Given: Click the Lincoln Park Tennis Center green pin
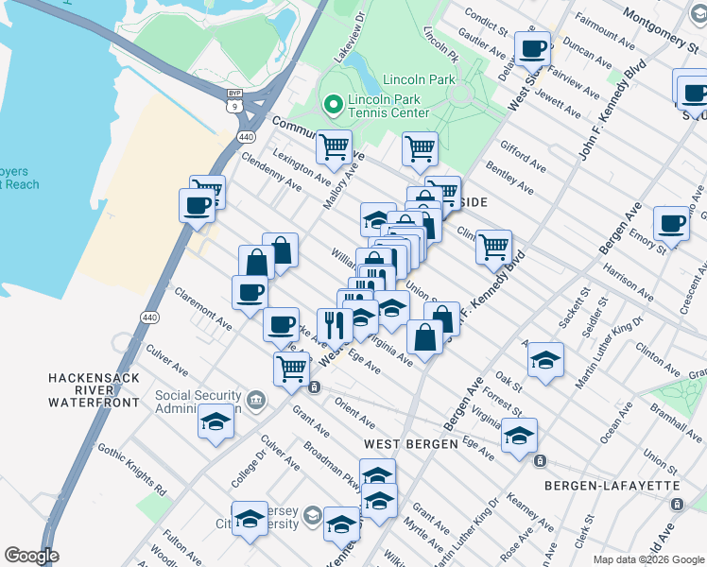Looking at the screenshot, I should [x=332, y=104].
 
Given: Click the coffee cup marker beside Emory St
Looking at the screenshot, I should [x=671, y=224].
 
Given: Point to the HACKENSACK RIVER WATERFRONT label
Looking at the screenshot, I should [x=95, y=390].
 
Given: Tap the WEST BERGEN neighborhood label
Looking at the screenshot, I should [x=409, y=443].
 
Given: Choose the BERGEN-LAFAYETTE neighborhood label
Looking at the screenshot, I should [x=612, y=486].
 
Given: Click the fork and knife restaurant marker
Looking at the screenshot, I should [x=335, y=325].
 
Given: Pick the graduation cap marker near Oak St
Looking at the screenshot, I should [x=545, y=360].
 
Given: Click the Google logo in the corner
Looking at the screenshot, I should [x=31, y=556].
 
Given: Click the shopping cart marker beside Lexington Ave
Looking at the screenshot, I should [x=334, y=146].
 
